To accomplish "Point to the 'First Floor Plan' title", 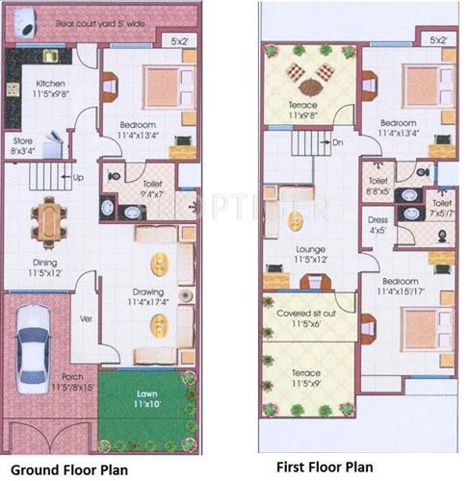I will (325, 467).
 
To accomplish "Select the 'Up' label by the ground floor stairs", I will (78, 178).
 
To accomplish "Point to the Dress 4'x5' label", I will (378, 224).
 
